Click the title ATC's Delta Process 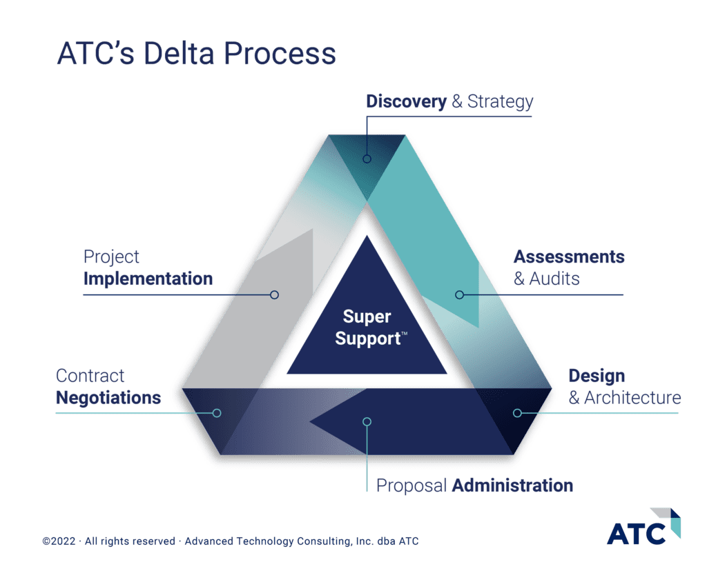click(x=195, y=54)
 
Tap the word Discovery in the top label click(x=406, y=102)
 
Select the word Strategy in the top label click(x=501, y=102)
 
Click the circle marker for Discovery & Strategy click(x=367, y=159)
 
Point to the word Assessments click(x=568, y=257)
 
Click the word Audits click(x=554, y=279)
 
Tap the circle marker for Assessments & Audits click(x=460, y=295)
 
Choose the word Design click(x=597, y=377)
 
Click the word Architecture click(x=632, y=398)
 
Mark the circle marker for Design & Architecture click(x=517, y=413)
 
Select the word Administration click(x=512, y=485)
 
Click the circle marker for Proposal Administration click(x=367, y=421)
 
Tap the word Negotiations click(x=108, y=398)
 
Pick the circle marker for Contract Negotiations click(x=217, y=413)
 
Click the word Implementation click(x=148, y=279)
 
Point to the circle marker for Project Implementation click(x=274, y=295)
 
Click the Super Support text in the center click(x=369, y=328)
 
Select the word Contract click(x=90, y=377)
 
